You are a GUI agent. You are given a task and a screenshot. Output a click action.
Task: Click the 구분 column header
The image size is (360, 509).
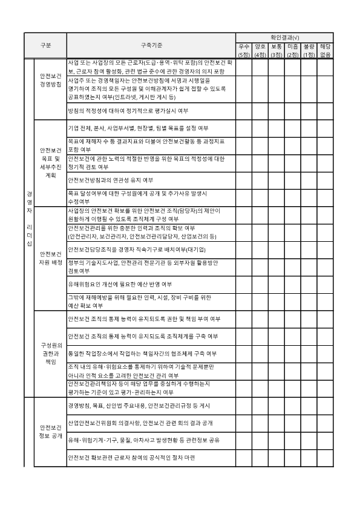[x=45, y=46]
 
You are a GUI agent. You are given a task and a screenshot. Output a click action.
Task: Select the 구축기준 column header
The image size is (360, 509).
[x=151, y=46]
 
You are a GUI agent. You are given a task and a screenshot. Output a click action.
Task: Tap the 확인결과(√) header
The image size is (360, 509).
[x=284, y=37]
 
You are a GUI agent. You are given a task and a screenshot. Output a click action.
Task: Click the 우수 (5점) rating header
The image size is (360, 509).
[x=244, y=50]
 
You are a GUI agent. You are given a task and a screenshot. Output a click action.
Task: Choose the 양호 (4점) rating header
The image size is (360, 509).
[x=260, y=50]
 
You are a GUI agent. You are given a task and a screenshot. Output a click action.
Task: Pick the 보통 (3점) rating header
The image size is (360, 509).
[x=277, y=50]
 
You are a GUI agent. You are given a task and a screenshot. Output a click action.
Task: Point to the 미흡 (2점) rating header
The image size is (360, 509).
[x=293, y=50]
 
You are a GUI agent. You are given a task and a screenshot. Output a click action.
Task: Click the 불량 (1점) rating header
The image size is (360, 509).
[x=309, y=50]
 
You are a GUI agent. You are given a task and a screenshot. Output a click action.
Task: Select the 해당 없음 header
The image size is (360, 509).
[x=326, y=50]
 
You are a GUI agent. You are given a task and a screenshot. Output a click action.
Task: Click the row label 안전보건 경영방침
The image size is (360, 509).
[x=50, y=80]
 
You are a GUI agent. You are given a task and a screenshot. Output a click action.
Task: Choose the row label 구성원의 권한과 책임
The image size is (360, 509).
[x=50, y=353]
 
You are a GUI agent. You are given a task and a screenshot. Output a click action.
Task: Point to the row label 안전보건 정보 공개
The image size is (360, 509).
[x=50, y=430]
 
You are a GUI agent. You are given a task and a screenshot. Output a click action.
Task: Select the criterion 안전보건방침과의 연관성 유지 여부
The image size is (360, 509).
[x=111, y=180]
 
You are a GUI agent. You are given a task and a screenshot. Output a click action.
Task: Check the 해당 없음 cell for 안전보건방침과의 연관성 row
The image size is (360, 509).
[x=326, y=180]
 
